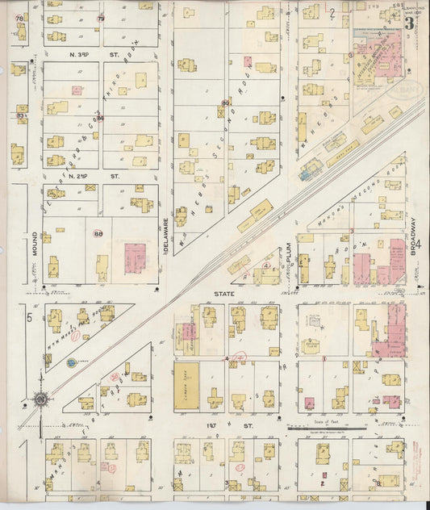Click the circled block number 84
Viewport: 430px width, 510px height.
(100, 119)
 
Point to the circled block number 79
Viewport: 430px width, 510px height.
(101, 18)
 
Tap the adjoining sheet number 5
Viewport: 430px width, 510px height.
(28, 318)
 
